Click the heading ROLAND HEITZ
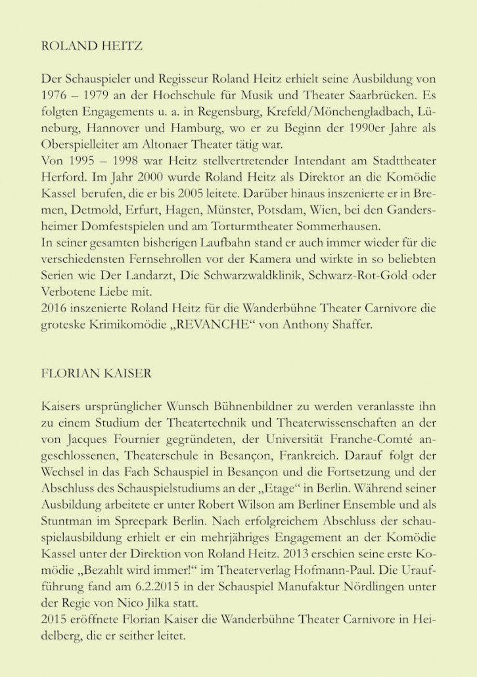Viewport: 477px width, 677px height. coord(91,46)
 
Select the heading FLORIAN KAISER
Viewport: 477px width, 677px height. coord(96,373)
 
